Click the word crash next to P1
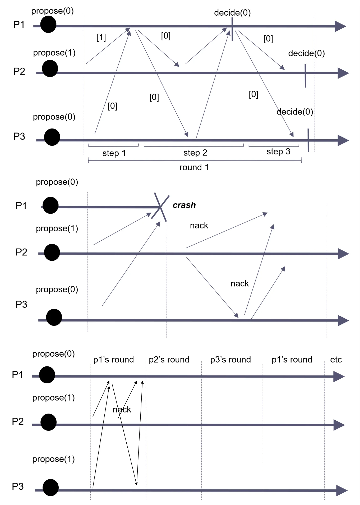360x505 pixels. [184, 205]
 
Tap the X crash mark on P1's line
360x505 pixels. [160, 207]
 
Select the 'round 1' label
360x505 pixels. [194, 167]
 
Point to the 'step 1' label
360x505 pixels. [114, 153]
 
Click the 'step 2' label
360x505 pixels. [195, 153]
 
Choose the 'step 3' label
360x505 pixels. [278, 151]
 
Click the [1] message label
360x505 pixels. [101, 37]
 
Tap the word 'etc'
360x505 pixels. [336, 360]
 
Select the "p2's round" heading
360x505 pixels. [169, 360]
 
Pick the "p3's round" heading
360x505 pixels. [230, 360]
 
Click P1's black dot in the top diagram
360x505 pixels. [48, 24]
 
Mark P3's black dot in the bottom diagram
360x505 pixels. [50, 487]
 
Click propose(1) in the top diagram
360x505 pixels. [54, 53]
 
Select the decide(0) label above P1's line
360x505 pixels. [232, 13]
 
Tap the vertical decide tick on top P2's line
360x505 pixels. [305, 76]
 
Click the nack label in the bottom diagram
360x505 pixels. [122, 410]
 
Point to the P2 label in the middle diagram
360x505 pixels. [21, 252]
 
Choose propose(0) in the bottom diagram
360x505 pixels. [53, 354]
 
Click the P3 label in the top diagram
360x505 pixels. [19, 136]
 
